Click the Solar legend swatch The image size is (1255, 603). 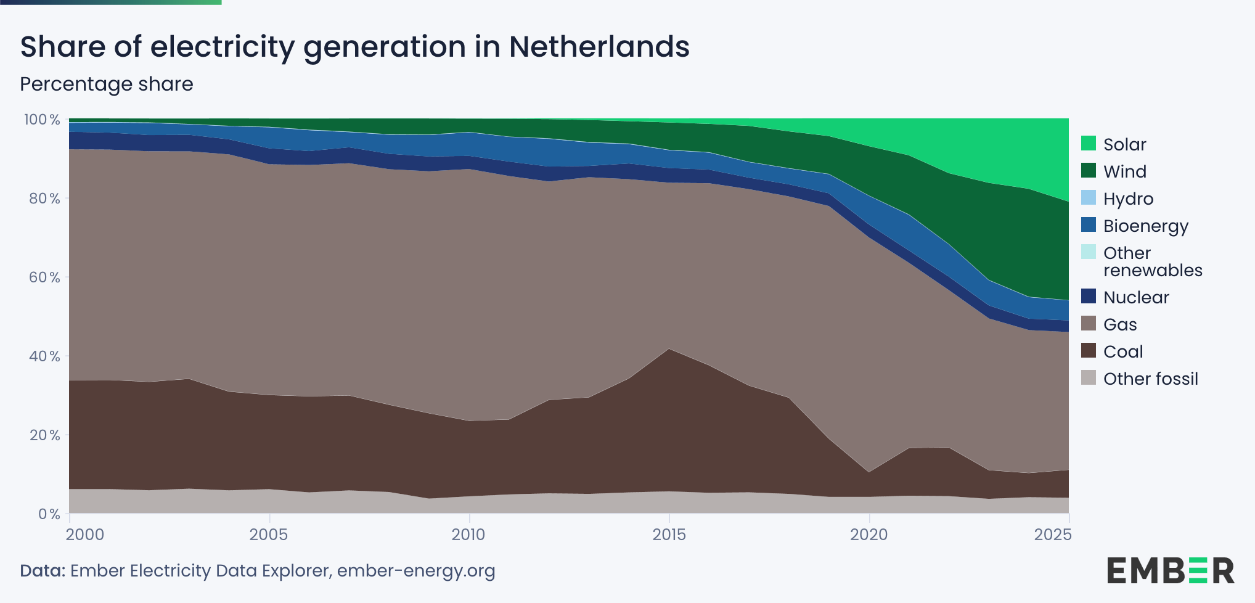[1089, 144]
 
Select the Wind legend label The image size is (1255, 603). [1125, 171]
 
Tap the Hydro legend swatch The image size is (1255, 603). [1089, 198]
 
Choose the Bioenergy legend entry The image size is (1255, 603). [1135, 226]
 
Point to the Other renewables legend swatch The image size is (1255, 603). [1089, 252]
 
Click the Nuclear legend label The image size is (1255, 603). [1136, 297]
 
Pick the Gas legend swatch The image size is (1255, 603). [1089, 324]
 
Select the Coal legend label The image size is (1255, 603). [1123, 351]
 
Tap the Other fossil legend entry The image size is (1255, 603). [1140, 379]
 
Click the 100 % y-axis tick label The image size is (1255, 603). [42, 119]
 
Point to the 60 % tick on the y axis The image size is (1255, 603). [44, 277]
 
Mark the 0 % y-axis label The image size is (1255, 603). [49, 514]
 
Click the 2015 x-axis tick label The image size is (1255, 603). [669, 534]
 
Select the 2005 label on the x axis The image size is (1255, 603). [269, 534]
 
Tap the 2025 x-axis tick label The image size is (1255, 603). [1053, 534]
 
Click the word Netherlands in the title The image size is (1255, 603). [599, 46]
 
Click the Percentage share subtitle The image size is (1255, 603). [107, 84]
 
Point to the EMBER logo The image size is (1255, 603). [1171, 570]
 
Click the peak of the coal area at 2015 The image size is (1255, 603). [669, 349]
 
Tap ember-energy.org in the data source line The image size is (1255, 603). [416, 571]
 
